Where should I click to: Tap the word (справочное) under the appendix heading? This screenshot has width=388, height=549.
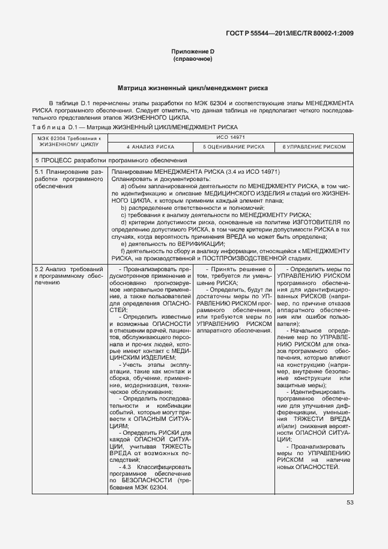pyautogui.click(x=193, y=60)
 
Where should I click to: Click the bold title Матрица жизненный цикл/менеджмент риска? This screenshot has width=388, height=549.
pyautogui.click(x=193, y=88)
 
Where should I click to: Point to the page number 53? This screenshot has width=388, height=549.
pyautogui.click(x=350, y=503)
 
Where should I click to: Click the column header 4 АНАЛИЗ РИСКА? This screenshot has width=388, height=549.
pyautogui.click(x=150, y=147)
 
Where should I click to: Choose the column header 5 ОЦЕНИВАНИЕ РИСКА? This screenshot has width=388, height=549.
pyautogui.click(x=234, y=147)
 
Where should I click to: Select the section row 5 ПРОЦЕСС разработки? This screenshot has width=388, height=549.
pyautogui.click(x=103, y=161)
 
